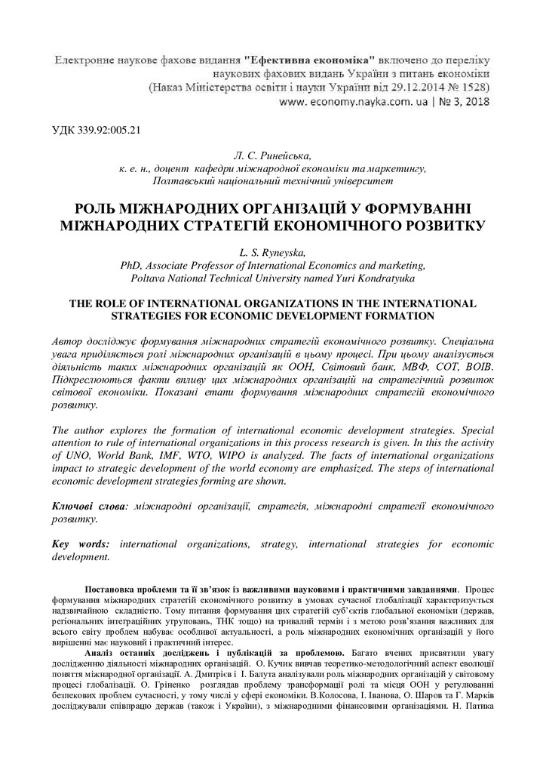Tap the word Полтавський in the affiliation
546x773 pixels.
tap(186, 182)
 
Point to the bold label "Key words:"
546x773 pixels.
tap(81, 544)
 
